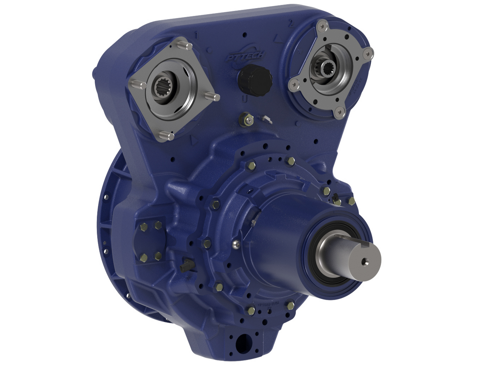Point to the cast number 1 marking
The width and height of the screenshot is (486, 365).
196,36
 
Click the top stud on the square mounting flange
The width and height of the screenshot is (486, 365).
184,45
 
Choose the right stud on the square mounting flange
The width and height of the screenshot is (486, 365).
212,97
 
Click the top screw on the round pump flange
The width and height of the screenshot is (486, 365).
322,26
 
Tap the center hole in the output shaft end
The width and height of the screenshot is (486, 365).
366,261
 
